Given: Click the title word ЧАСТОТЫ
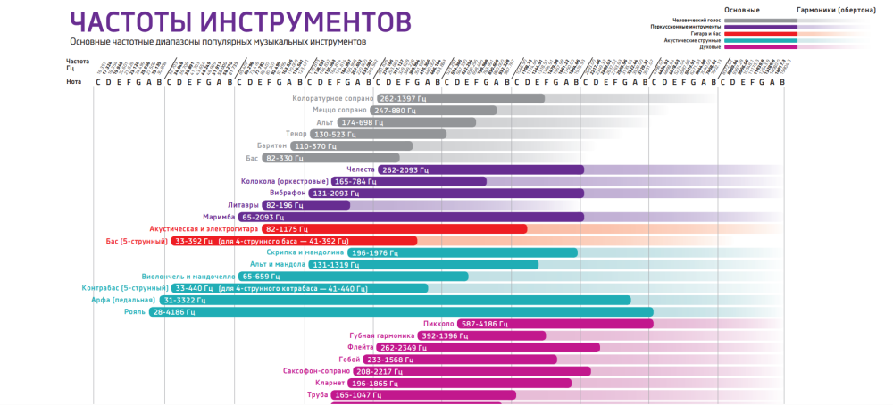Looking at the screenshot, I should [129, 21].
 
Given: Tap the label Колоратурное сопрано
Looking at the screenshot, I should [331, 98].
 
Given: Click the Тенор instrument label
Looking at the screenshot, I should [296, 134].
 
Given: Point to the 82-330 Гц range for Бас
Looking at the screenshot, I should [286, 158].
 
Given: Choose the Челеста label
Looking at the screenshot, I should [361, 169].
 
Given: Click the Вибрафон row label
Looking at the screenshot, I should [288, 193].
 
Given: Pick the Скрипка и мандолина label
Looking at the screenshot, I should [305, 252].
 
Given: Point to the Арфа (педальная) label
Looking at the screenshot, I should [124, 301].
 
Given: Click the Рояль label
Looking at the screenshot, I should [135, 312].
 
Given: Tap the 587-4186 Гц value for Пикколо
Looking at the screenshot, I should [485, 324].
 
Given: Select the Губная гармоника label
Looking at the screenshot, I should [382, 335].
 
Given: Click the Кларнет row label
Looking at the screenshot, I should [330, 383].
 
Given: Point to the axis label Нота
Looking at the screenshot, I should [74, 82].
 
